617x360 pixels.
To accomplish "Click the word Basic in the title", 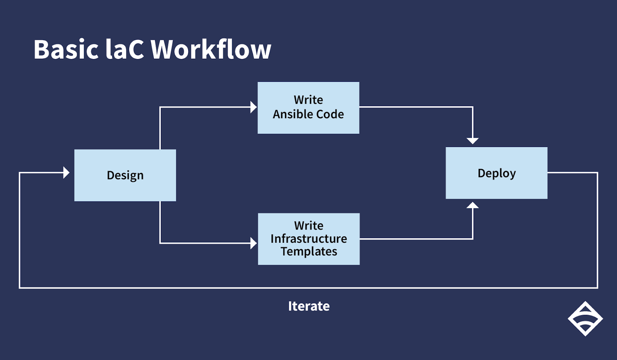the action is tap(66, 49).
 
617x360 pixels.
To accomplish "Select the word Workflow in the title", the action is tap(211, 49).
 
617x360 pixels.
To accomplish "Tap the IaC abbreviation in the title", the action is tap(125, 49).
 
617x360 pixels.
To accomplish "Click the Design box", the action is tap(125, 175).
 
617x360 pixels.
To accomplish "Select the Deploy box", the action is tap(497, 173).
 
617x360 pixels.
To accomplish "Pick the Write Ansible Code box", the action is tap(308, 108).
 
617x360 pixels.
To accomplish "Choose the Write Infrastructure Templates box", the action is tap(309, 239).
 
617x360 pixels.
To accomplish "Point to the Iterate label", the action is tap(309, 306).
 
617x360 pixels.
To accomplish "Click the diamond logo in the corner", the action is tap(585, 319).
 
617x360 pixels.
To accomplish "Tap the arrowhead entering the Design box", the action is tap(66, 172).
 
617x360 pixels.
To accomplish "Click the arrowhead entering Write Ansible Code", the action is tap(254, 107).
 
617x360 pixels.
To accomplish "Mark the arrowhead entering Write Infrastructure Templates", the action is tap(254, 243).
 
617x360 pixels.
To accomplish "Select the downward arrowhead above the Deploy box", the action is tap(473, 141).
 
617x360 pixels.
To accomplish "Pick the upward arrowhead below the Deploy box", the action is tap(473, 205).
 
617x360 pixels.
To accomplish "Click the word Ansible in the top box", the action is tap(292, 114).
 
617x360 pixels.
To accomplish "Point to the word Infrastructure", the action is tap(309, 238).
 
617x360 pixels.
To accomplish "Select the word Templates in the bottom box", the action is tap(309, 252).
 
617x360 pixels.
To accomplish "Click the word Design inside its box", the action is tap(125, 176).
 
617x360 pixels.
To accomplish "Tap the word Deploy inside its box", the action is tap(497, 174).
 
